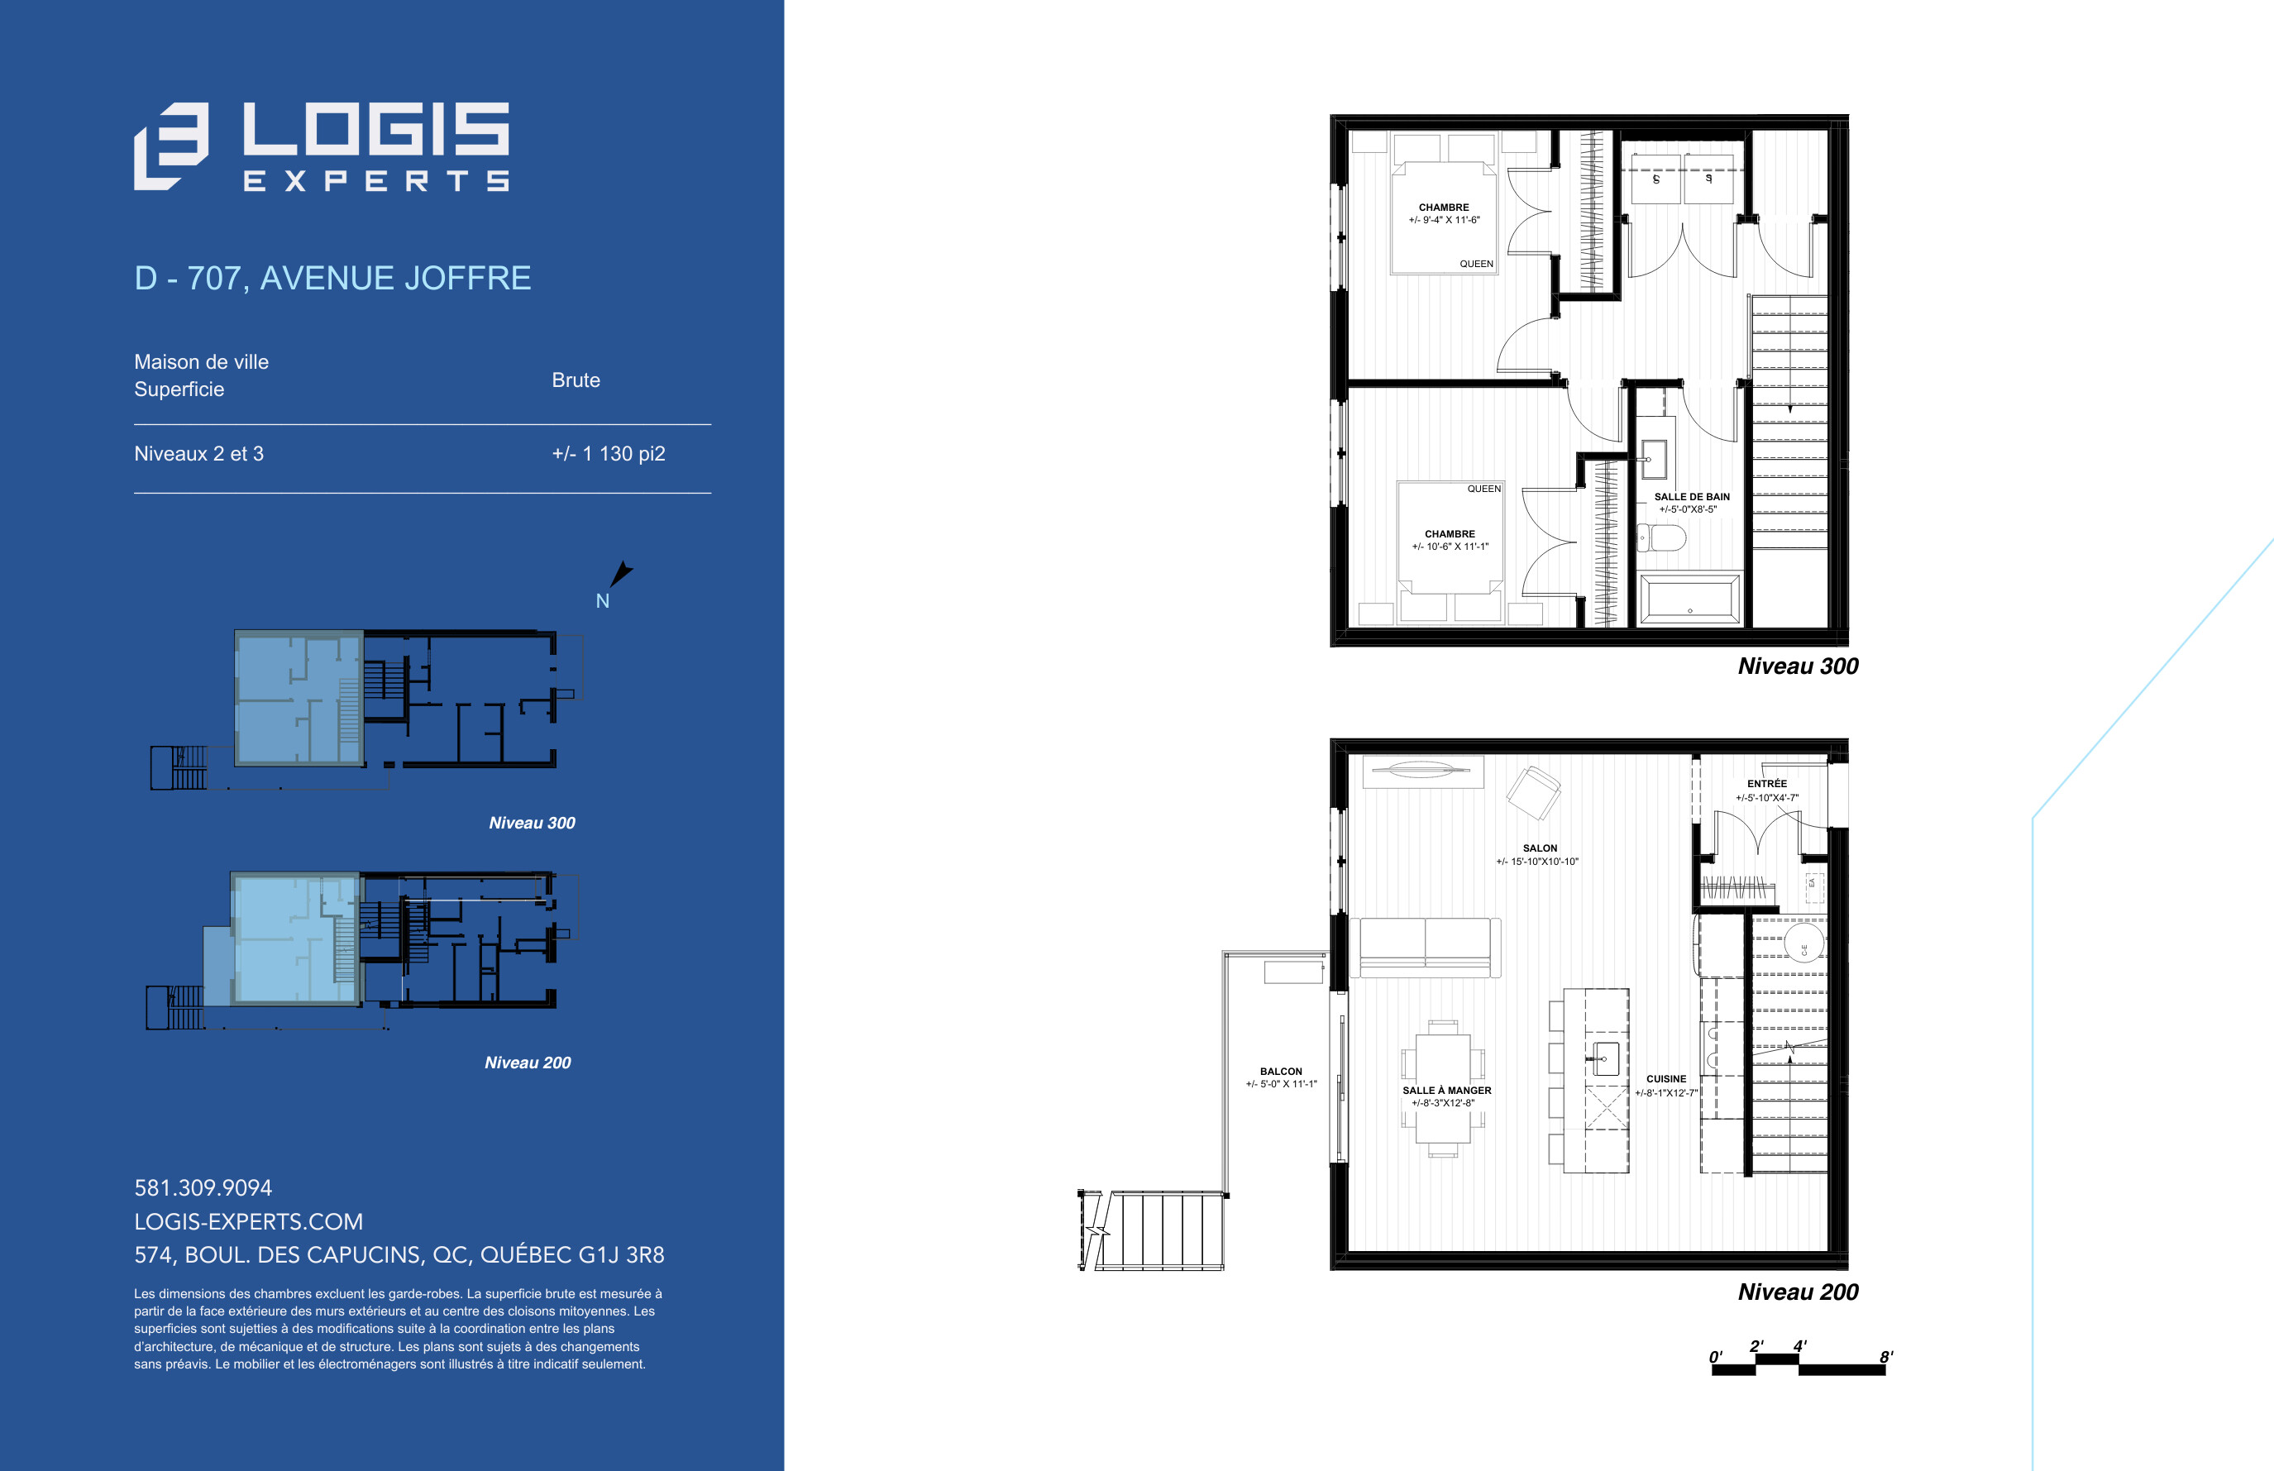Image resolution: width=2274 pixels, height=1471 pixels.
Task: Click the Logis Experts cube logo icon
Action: click(x=171, y=146)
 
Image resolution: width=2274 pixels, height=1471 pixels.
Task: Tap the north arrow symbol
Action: click(x=621, y=573)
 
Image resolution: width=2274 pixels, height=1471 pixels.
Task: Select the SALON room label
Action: click(x=1540, y=848)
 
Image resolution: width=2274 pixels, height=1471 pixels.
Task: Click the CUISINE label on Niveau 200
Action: click(x=1665, y=1078)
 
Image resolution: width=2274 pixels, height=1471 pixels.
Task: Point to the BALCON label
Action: click(x=1281, y=1072)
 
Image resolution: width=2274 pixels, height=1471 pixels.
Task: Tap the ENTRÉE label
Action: click(x=1767, y=783)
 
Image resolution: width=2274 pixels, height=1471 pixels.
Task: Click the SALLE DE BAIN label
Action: click(x=1691, y=497)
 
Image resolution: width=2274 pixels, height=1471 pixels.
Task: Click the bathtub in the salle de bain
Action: click(x=1689, y=599)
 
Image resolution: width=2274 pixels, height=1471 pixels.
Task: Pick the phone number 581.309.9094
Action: click(x=203, y=1187)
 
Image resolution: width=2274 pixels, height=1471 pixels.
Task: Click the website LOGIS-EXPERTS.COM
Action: click(x=248, y=1221)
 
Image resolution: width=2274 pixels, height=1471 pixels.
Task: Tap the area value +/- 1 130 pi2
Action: click(x=609, y=454)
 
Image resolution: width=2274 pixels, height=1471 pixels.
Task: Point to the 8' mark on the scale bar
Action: click(x=1885, y=1358)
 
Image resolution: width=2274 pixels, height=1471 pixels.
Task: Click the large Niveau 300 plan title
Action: click(x=1798, y=666)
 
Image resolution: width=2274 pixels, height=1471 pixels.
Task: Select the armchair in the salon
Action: click(x=1533, y=793)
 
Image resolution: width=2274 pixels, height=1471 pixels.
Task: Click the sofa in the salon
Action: click(x=1425, y=948)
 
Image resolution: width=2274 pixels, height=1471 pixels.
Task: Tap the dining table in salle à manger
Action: click(x=1443, y=1089)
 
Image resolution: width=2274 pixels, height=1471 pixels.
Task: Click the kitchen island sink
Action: click(x=1606, y=1059)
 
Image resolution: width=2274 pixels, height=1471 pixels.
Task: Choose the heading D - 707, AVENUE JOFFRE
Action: click(x=332, y=278)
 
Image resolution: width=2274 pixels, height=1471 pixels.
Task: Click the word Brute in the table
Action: click(x=576, y=380)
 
